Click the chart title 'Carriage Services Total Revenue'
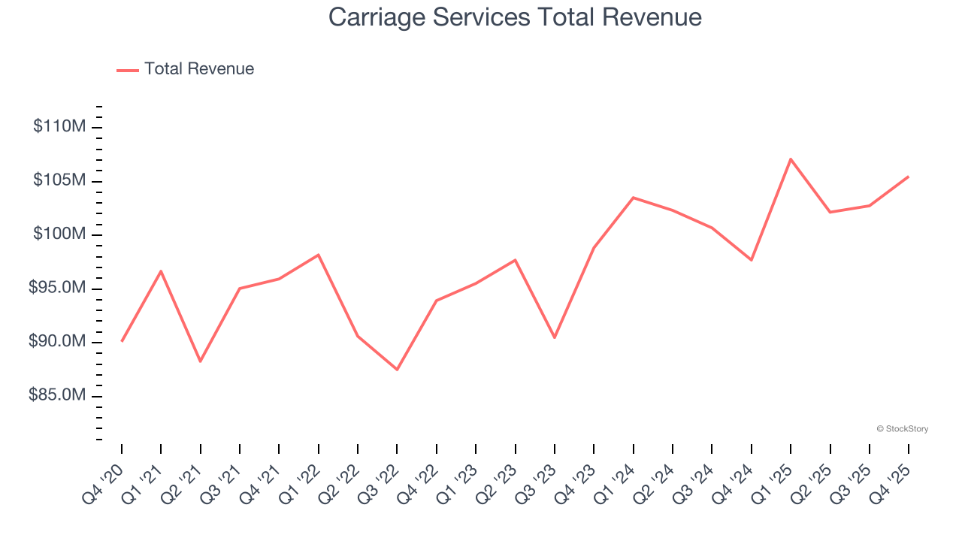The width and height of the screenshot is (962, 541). [x=515, y=17]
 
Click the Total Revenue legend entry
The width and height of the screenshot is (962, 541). [x=186, y=69]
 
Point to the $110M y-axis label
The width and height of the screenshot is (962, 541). [x=59, y=126]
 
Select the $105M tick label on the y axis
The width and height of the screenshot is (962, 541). [x=59, y=180]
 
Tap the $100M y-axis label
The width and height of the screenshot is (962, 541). [x=59, y=234]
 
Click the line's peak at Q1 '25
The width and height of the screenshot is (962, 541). [x=791, y=159]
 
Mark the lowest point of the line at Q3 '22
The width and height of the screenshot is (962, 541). [x=397, y=370]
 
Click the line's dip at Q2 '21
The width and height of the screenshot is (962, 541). [x=200, y=361]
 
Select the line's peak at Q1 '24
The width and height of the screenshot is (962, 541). [x=633, y=198]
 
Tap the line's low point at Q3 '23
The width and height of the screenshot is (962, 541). [x=555, y=337]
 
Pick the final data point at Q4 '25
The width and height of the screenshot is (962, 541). [x=909, y=177]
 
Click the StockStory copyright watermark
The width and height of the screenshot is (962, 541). [x=902, y=429]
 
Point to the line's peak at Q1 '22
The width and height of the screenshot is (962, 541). [x=318, y=255]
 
